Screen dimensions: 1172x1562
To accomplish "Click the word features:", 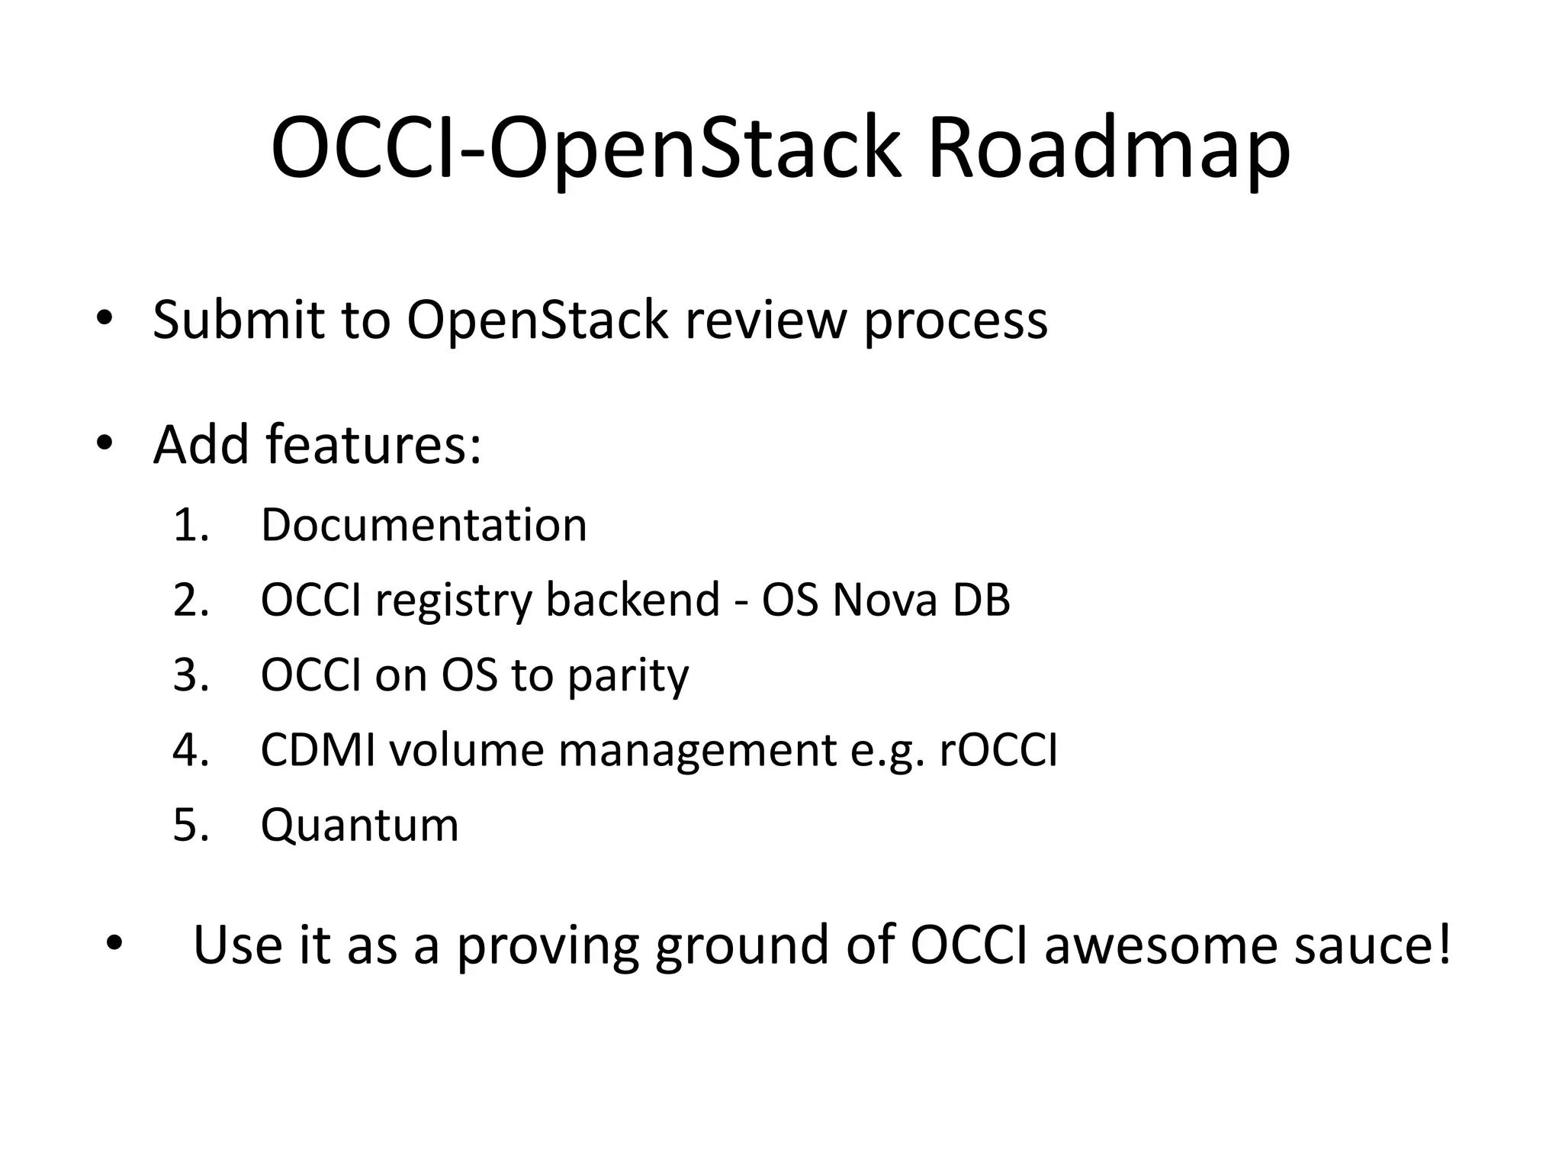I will coord(374,444).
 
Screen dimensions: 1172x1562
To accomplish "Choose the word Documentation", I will coord(424,525).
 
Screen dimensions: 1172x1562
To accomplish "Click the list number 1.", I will coord(191,525).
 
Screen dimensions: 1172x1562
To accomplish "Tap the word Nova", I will coord(884,600).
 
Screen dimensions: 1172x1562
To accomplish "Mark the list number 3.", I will coord(191,675).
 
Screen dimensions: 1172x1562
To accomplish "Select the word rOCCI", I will coord(998,750).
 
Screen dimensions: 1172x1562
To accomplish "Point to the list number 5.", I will coord(191,826).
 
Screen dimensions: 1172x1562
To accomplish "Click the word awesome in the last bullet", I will coord(1160,945).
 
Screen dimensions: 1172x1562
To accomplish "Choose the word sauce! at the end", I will coord(1373,945).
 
